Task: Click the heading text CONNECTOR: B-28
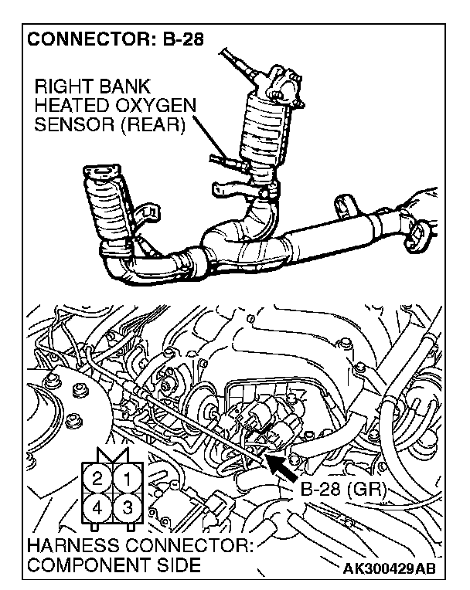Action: click(116, 39)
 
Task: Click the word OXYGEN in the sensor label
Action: click(158, 105)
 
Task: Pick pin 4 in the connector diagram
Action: click(98, 507)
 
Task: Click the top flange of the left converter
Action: click(100, 172)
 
